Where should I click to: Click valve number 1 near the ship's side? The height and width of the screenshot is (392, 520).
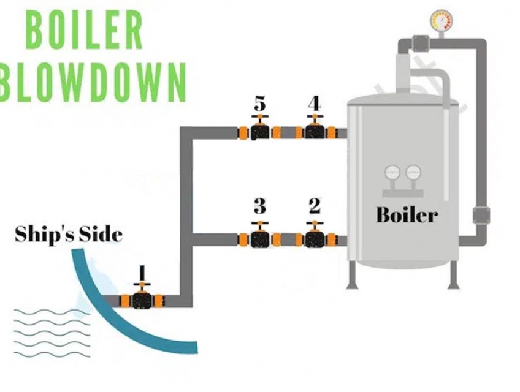[x=142, y=300]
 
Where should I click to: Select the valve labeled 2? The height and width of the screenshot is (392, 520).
[x=315, y=238]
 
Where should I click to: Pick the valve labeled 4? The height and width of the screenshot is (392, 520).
[x=315, y=132]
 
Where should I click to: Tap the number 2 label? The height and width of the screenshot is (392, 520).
[x=315, y=206]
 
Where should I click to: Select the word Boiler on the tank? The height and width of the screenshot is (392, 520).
[x=407, y=215]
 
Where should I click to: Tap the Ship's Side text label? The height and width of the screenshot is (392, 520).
[x=68, y=234]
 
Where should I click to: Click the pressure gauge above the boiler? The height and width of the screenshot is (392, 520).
[x=440, y=21]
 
